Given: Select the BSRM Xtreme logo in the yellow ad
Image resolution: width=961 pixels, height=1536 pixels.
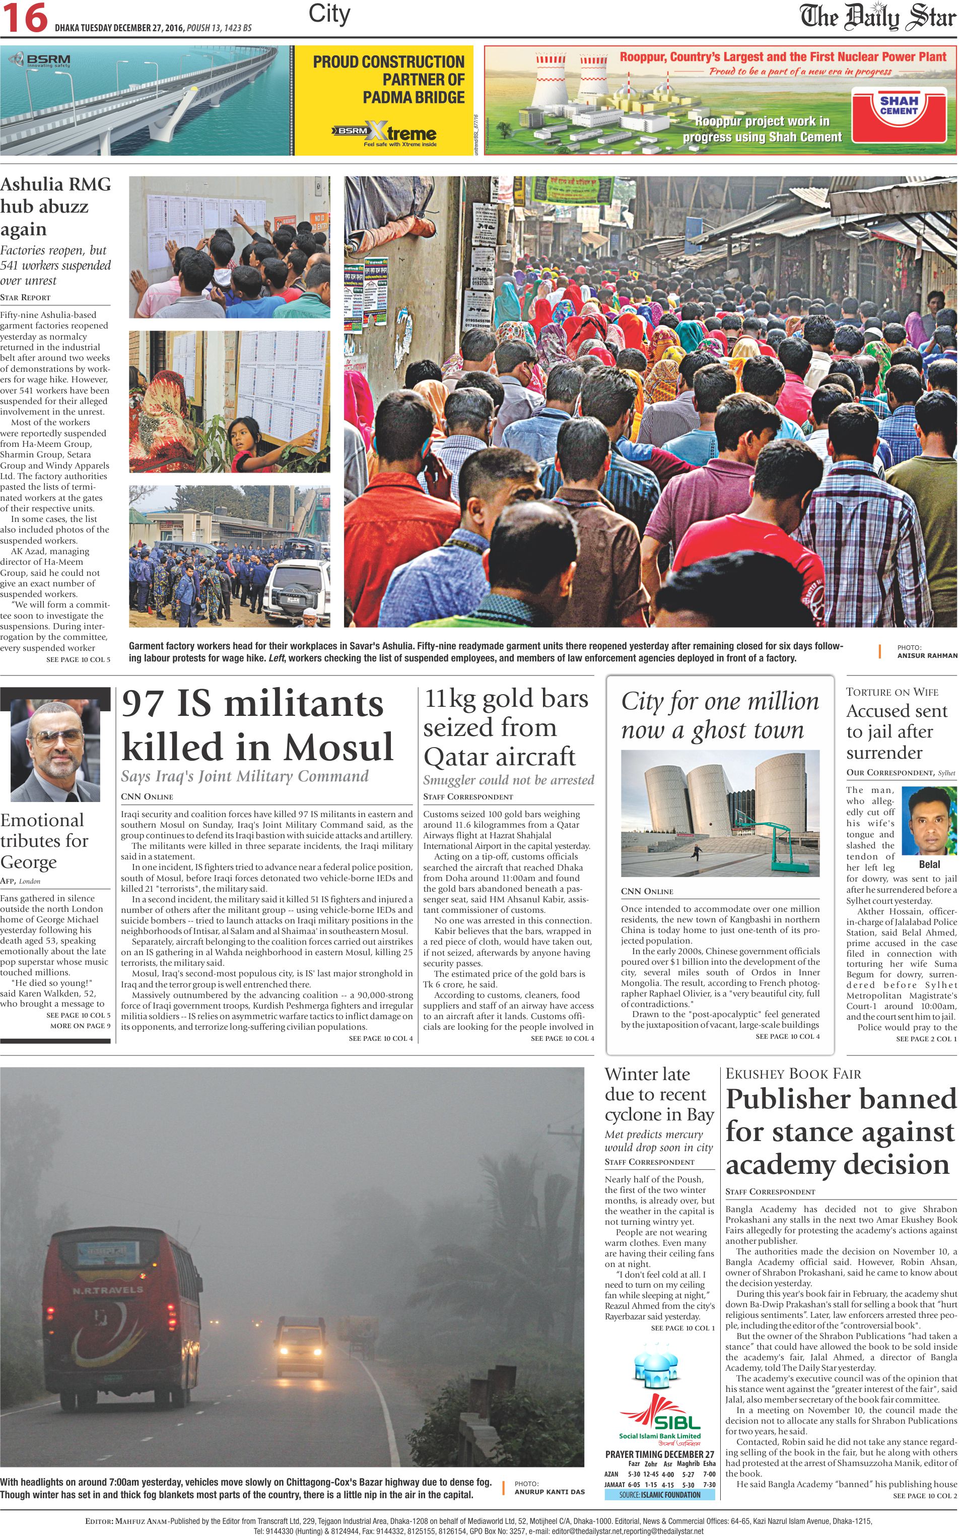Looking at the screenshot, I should point(384,133).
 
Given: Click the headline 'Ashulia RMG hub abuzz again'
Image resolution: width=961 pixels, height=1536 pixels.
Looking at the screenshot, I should point(55,207).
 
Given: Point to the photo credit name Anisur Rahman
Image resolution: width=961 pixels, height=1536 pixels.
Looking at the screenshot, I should point(927,655).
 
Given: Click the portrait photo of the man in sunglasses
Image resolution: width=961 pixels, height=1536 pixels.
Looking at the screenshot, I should point(55,750).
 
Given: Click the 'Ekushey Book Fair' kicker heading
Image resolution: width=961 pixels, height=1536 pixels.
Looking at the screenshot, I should point(793,1074).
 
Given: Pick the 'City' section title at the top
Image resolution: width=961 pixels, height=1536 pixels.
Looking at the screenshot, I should point(329,14).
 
